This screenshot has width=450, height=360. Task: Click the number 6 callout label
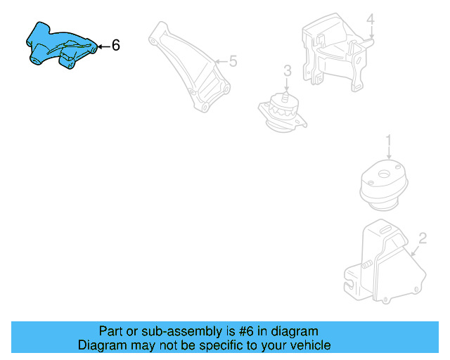coord(116,46)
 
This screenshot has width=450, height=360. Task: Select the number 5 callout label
coord(233,62)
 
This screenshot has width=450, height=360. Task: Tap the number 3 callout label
coord(287,70)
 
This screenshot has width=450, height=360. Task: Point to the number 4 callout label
coord(371,19)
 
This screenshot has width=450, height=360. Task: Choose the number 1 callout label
coord(387,143)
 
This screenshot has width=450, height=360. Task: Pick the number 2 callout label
coord(423,238)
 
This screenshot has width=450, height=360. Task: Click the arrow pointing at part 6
coord(102,46)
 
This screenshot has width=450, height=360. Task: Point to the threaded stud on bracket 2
coord(367,266)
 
